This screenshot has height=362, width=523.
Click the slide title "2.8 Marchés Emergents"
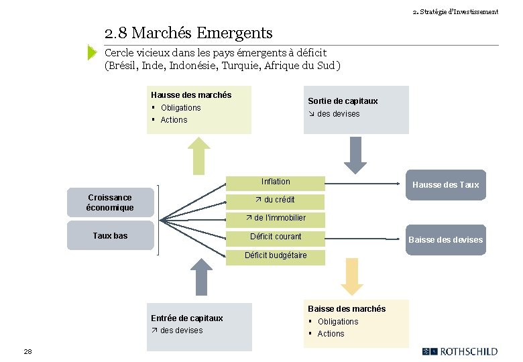pos(188,33)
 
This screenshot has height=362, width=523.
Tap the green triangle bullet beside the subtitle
pos(93,53)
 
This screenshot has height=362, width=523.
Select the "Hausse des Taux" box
pos(445,184)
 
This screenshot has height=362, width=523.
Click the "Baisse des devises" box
pos(445,239)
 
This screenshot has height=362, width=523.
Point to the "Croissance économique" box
pos(110,202)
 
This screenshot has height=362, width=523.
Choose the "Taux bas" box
pos(110,236)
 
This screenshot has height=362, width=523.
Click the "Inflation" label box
pos(276,182)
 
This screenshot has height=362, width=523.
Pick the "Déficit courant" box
pos(276,237)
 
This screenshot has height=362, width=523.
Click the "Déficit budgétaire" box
pos(276,255)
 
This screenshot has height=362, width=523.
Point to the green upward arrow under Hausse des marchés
pos(198,155)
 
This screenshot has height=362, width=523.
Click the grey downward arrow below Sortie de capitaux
pos(355,156)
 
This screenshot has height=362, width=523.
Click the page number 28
pos(27,351)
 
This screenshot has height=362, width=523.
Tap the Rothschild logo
pos(461,351)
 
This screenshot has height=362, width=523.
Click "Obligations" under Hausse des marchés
pos(180,108)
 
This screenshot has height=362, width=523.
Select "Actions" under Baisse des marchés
pos(331,334)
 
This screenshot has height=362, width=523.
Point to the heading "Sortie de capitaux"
pos(343,101)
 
